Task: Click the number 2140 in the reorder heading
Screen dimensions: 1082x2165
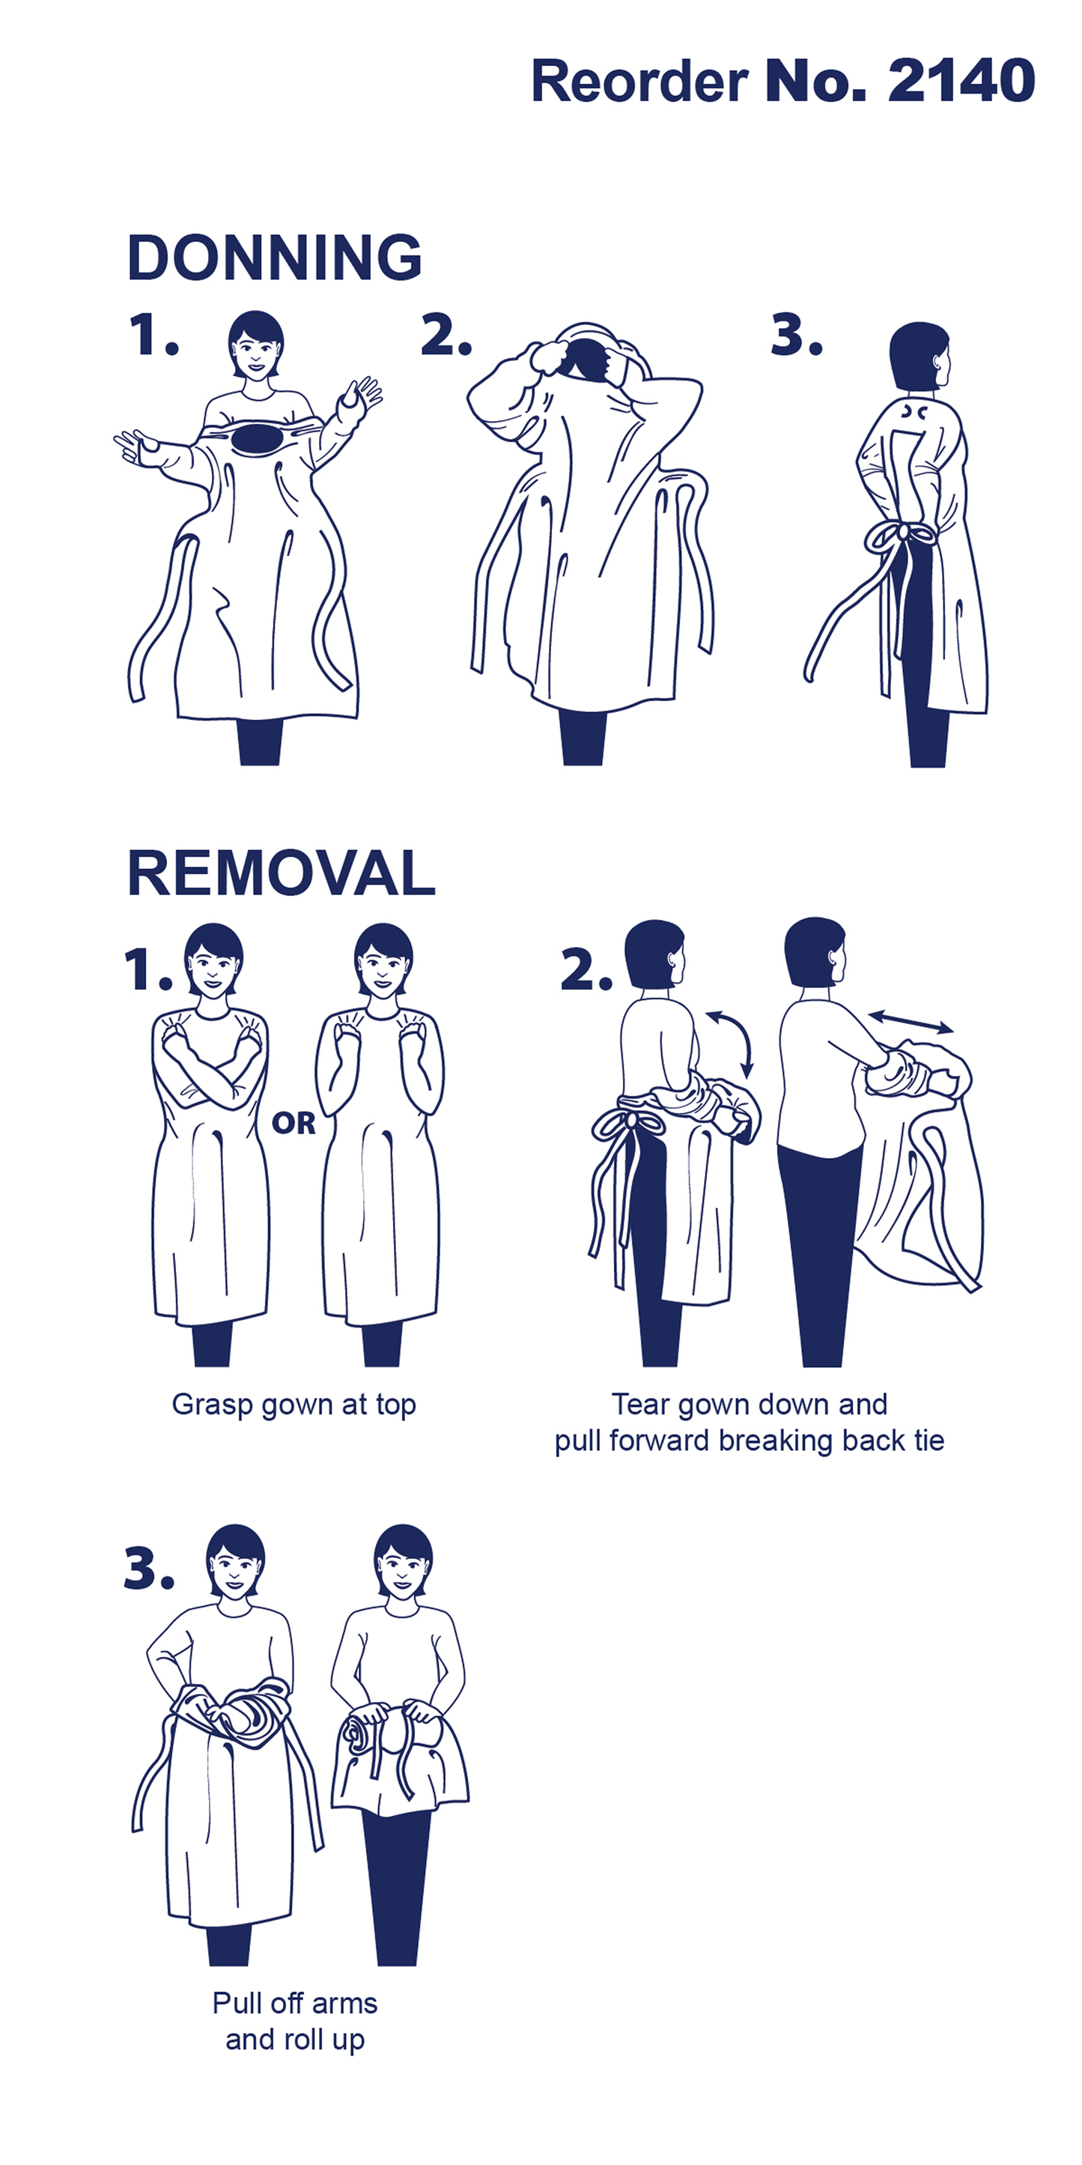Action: [x=961, y=81]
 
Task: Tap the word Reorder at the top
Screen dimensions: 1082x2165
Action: [x=639, y=81]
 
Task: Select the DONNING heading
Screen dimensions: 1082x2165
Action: [x=275, y=257]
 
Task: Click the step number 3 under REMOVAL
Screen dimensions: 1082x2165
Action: [x=149, y=1568]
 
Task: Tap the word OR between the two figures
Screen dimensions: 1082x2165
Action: [x=294, y=1123]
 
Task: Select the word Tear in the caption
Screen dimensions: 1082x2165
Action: [x=640, y=1405]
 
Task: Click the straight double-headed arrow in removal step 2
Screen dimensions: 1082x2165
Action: [x=911, y=1022]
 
